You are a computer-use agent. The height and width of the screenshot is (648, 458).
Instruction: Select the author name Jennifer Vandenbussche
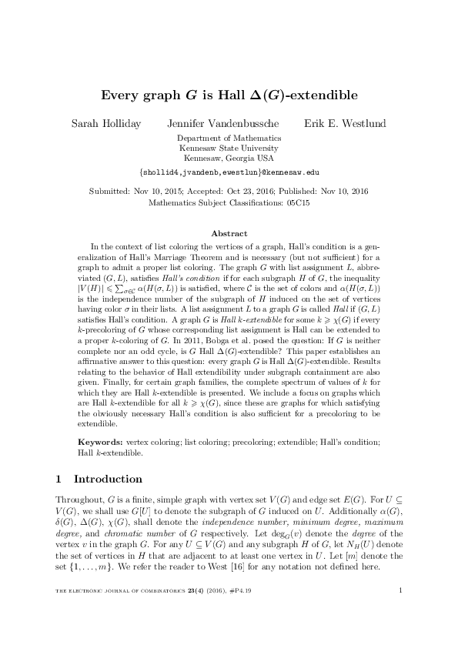click(222, 123)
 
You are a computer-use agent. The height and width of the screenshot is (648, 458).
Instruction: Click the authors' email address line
click(229, 173)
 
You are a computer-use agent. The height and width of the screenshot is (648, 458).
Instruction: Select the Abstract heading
click(229, 233)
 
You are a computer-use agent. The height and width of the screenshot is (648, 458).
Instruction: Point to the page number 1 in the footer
click(402, 613)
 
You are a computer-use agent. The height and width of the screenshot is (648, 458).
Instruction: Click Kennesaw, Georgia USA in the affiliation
click(229, 157)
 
